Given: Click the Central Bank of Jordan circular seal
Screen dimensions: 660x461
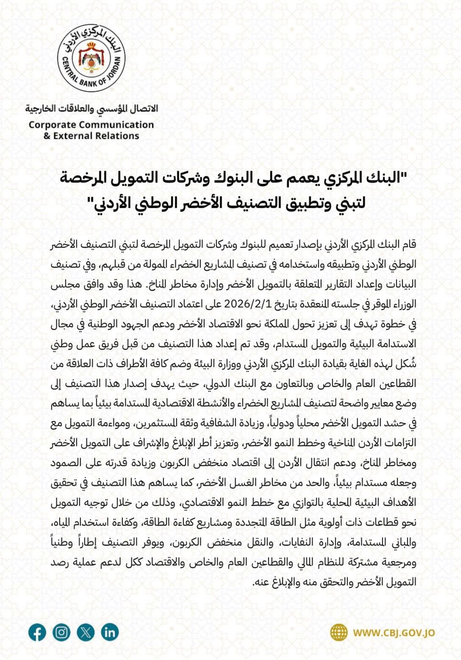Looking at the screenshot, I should click(92, 58).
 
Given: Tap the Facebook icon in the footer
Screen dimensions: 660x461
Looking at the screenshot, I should click(37, 632).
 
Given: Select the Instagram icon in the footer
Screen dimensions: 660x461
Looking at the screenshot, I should click(61, 632).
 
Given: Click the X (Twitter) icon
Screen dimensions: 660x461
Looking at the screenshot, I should click(86, 632).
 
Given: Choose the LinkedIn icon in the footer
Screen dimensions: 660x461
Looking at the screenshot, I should click(110, 632).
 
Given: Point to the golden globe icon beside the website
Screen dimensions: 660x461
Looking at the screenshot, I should click(339, 633).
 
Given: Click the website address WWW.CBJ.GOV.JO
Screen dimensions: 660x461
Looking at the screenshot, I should click(394, 633).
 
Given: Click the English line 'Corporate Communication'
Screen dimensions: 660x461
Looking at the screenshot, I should click(91, 125).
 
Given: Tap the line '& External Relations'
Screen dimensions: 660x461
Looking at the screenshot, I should click(91, 136).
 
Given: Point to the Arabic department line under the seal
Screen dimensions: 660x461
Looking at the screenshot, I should click(91, 109).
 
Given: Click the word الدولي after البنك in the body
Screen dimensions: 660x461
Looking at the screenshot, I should click(218, 383).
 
